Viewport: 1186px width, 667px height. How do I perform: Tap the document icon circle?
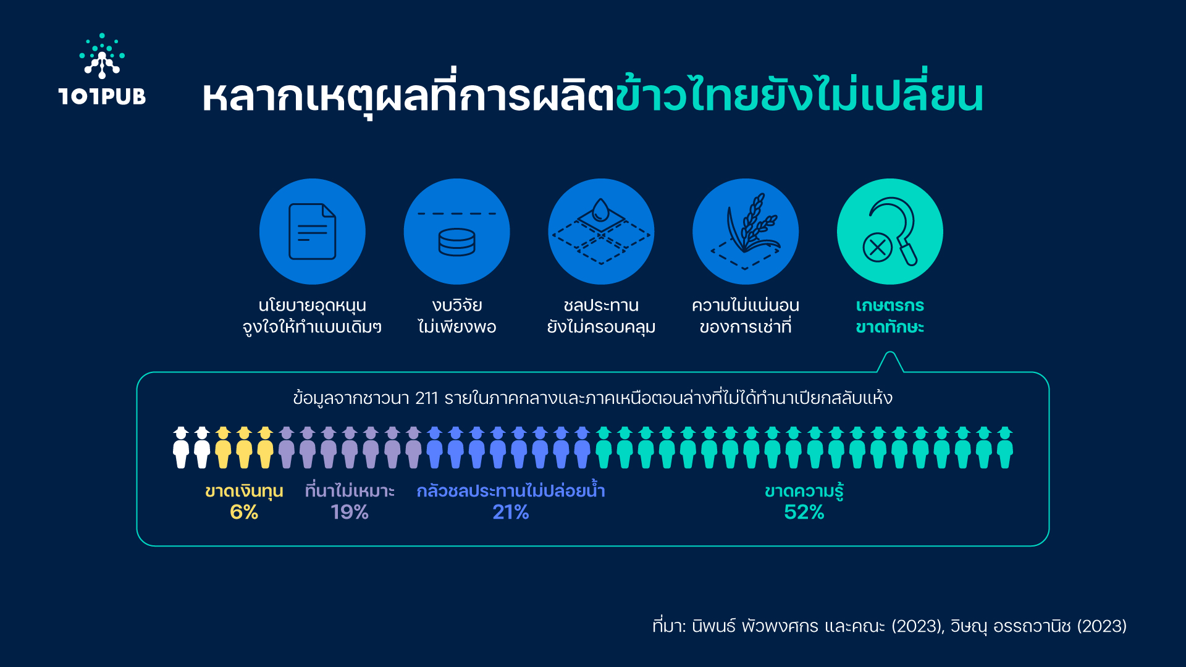[x=313, y=232]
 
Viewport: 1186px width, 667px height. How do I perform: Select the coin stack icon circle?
[x=457, y=232]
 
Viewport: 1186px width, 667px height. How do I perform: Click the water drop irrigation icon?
[x=601, y=232]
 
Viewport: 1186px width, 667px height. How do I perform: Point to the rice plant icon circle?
[x=746, y=232]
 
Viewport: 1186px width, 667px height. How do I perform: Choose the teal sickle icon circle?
[x=890, y=232]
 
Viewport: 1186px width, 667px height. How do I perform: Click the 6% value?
[x=244, y=512]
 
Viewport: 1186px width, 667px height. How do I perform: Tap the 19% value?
[x=350, y=512]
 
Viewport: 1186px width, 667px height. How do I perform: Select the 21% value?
[x=511, y=512]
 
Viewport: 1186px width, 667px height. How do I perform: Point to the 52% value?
[x=804, y=512]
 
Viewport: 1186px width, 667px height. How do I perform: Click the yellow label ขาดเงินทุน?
[x=244, y=492]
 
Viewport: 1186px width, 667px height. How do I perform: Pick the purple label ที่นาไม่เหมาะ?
[x=350, y=491]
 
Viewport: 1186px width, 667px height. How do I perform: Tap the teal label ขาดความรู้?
[x=804, y=491]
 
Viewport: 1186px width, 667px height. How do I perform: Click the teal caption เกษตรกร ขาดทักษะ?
[x=890, y=316]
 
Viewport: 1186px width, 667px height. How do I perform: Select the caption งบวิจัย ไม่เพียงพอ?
[x=457, y=316]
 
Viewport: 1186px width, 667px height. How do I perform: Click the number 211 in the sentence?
[x=426, y=398]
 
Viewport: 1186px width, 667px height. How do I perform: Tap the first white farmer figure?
[x=181, y=448]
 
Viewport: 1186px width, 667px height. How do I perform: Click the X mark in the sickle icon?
[x=877, y=248]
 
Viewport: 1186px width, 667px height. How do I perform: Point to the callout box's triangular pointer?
[x=890, y=361]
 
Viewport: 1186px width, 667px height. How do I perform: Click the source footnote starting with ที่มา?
[x=889, y=626]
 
